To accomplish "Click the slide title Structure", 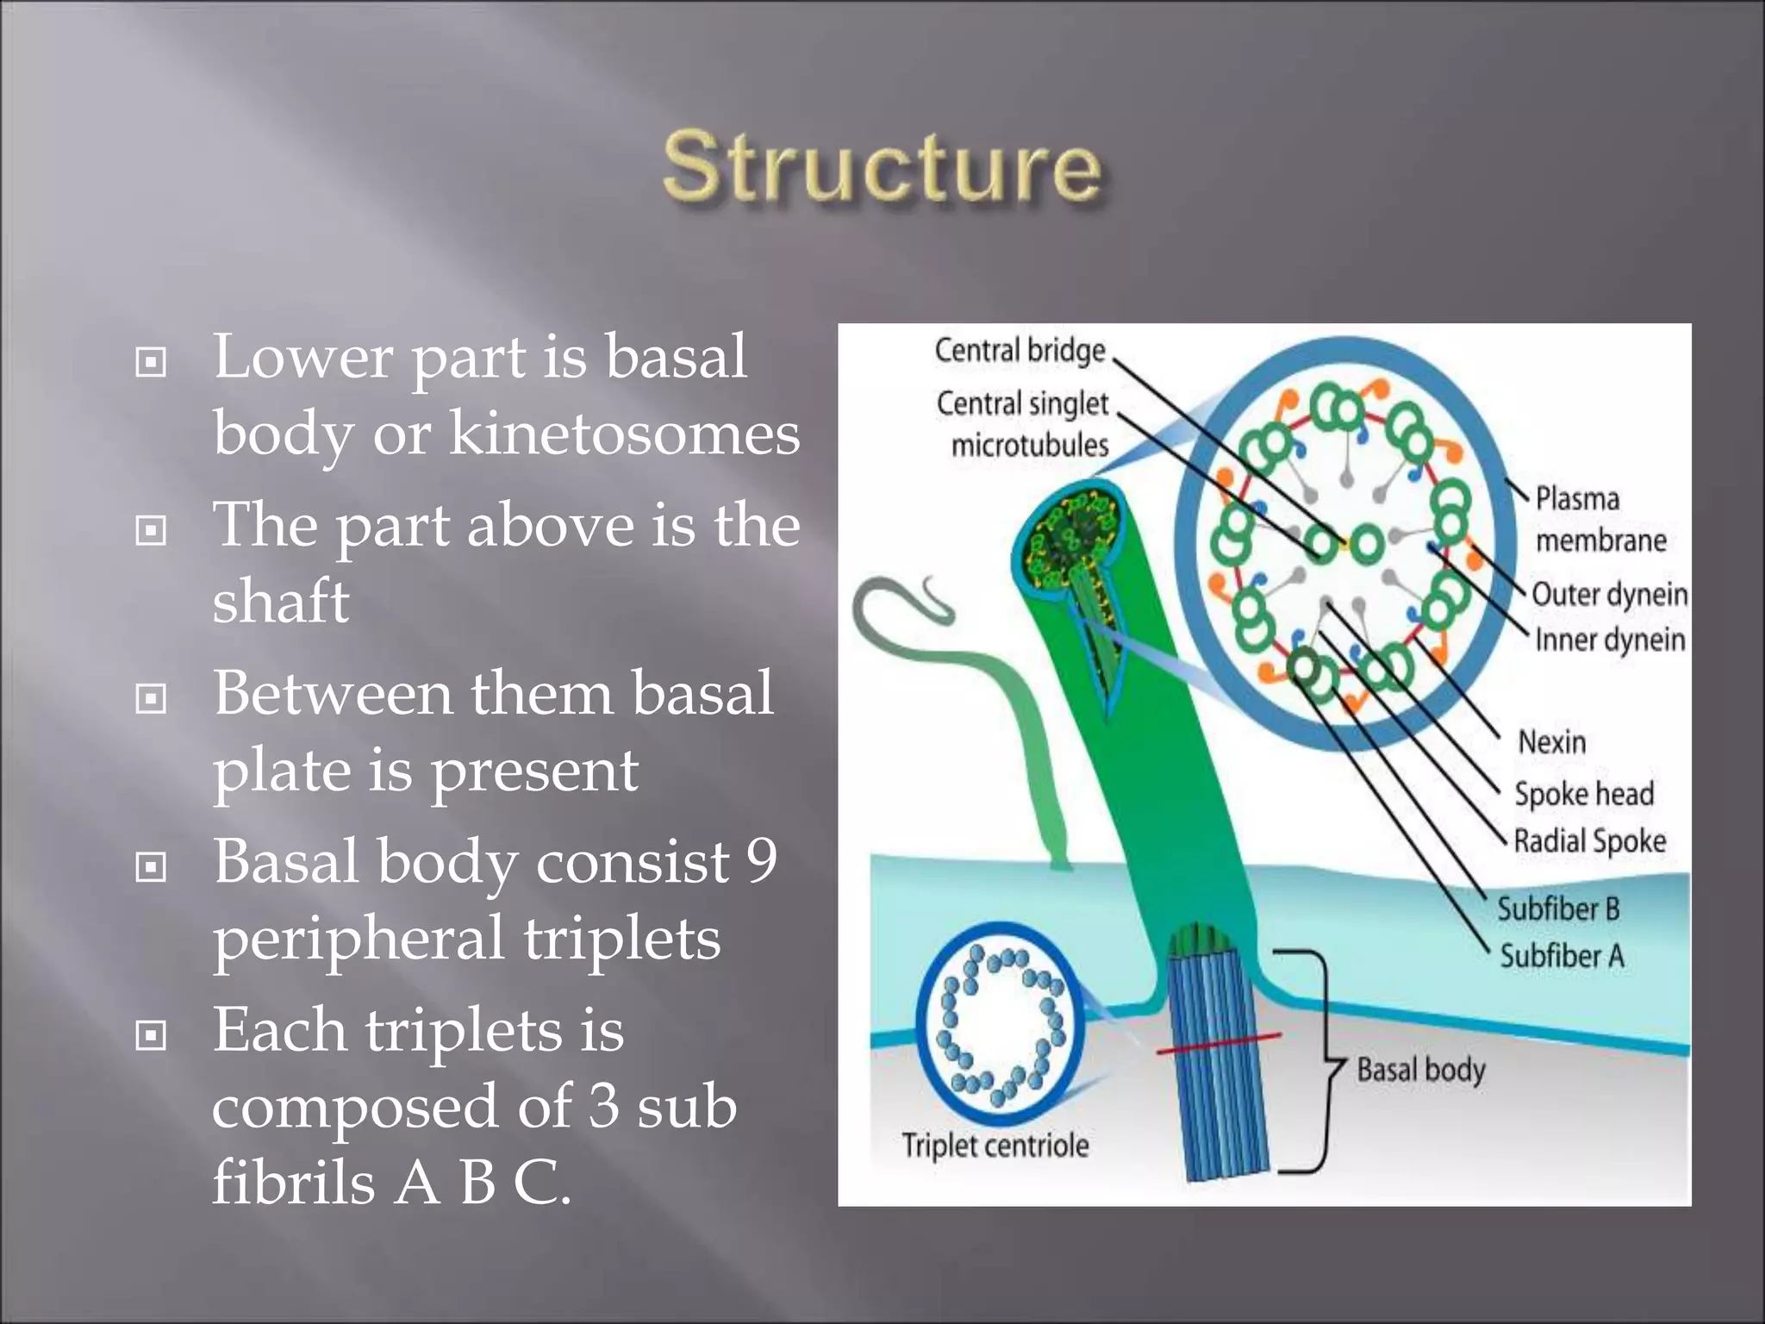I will click(882, 168).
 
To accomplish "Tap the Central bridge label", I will click(1020, 351).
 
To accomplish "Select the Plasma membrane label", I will click(1600, 519).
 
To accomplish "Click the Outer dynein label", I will click(1609, 594).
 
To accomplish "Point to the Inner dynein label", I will click(1609, 640).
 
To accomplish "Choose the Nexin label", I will click(1551, 741).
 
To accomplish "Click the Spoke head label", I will click(1584, 794).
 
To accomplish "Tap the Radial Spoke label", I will click(1590, 840).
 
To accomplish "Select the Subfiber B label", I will click(1558, 909).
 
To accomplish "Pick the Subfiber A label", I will click(1562, 956).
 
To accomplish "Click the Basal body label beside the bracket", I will click(1421, 1070).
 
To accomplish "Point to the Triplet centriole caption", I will click(995, 1146).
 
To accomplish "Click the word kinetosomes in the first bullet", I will click(625, 433).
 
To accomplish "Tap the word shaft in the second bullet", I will click(281, 601).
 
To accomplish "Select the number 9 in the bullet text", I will click(762, 860).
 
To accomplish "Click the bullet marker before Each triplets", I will click(152, 1034).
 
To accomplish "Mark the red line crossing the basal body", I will click(1218, 1042).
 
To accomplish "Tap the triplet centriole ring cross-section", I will click(1000, 1025).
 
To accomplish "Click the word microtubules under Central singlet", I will click(1030, 446).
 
